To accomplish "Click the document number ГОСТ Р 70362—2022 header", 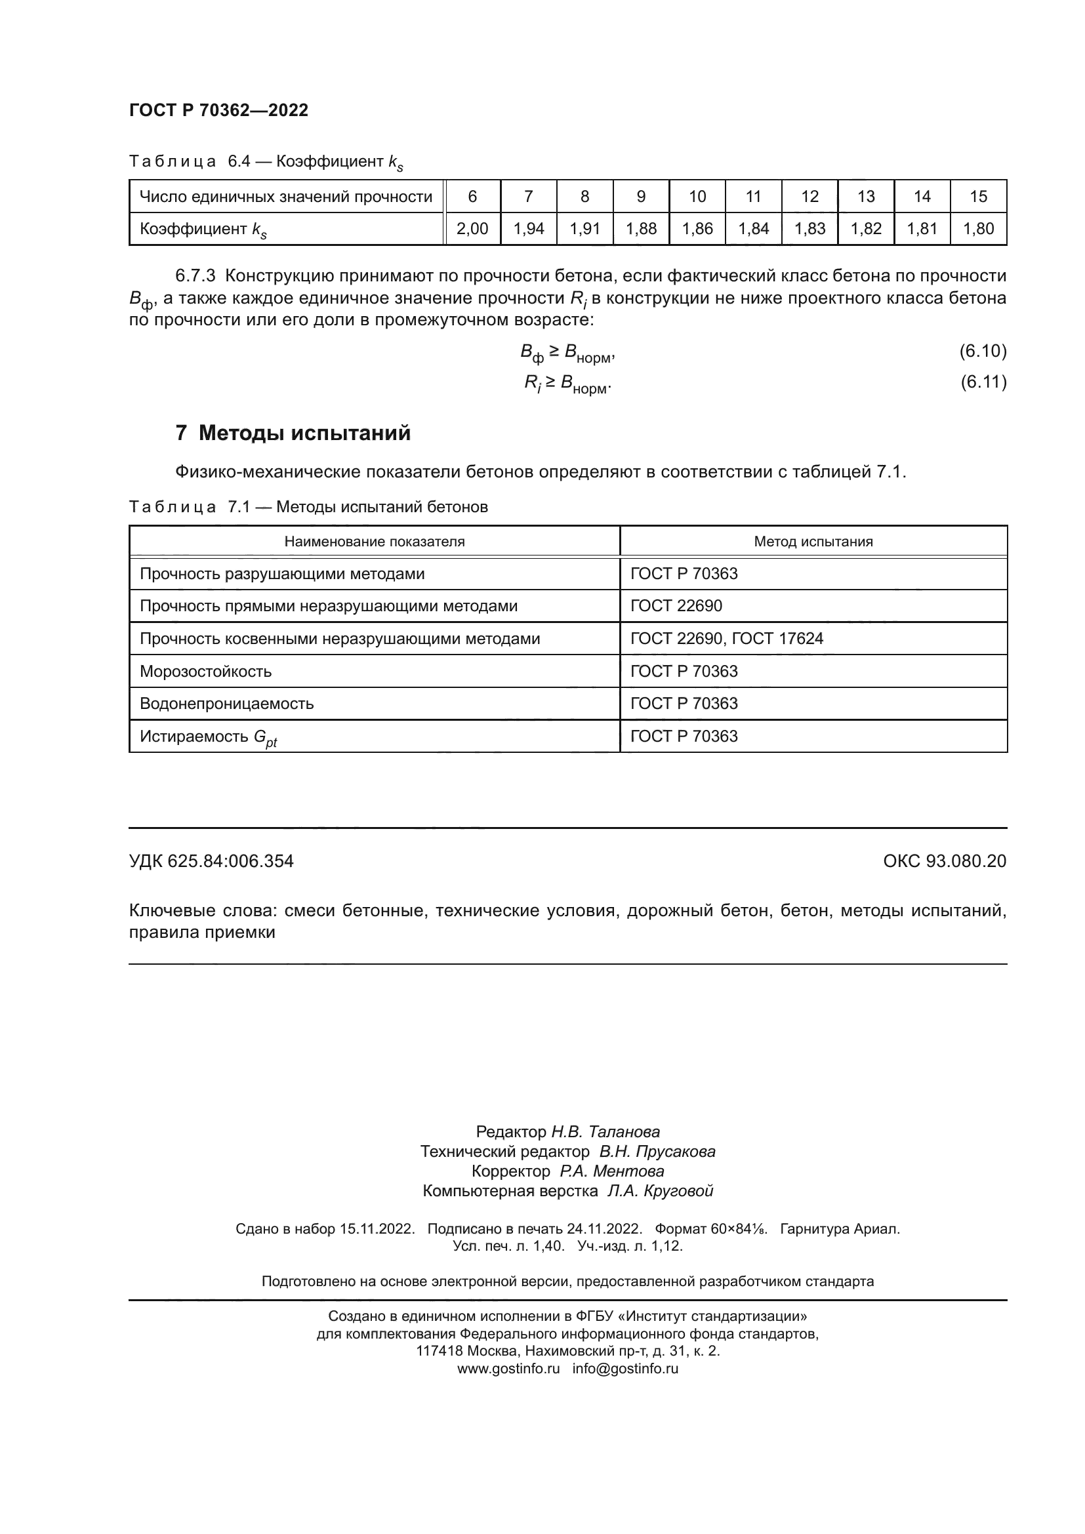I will tap(218, 110).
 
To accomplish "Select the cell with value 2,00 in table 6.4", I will tap(472, 228).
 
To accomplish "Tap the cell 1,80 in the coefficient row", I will tap(978, 228).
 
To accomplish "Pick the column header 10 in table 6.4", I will tap(697, 197).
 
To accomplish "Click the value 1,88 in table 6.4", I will tap(641, 228).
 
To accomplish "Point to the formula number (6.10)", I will tap(983, 351).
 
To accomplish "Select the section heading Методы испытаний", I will tap(304, 433).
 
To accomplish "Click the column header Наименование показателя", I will tap(374, 541).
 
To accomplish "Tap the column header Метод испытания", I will tap(813, 541).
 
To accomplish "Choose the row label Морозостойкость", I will tap(206, 671).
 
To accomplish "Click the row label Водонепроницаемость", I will tap(226, 704).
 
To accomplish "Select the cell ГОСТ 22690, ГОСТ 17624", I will tap(726, 639).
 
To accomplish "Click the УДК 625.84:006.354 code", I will tap(211, 861).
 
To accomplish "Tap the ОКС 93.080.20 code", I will tap(944, 861).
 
